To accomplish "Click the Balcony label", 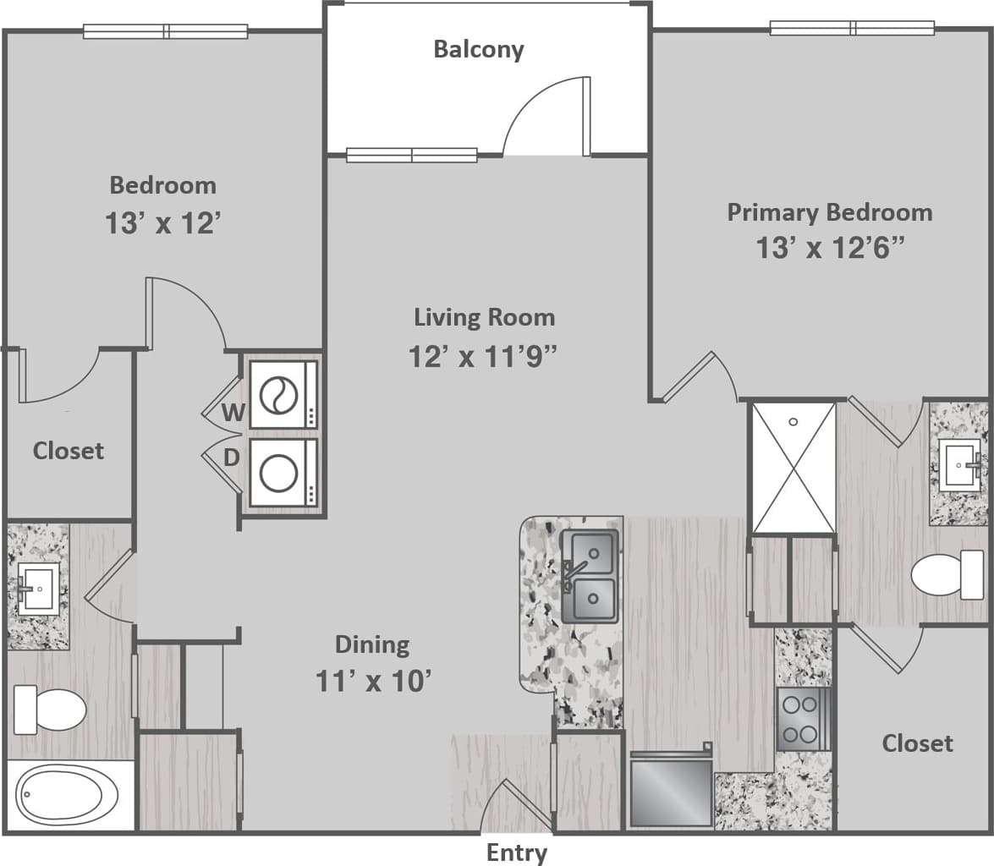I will [x=479, y=49].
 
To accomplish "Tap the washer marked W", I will [x=283, y=394].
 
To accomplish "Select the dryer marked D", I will [x=283, y=473].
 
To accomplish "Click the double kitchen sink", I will [x=590, y=575].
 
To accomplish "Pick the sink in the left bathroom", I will [x=37, y=587].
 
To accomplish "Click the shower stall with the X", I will [x=793, y=468].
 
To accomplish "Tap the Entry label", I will [x=516, y=852].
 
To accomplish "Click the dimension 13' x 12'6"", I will [x=830, y=249].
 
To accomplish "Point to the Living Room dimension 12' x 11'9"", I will [x=483, y=357].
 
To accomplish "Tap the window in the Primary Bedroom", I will [x=851, y=28].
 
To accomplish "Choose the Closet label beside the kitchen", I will [x=917, y=743].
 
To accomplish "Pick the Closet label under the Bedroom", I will [x=69, y=451].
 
